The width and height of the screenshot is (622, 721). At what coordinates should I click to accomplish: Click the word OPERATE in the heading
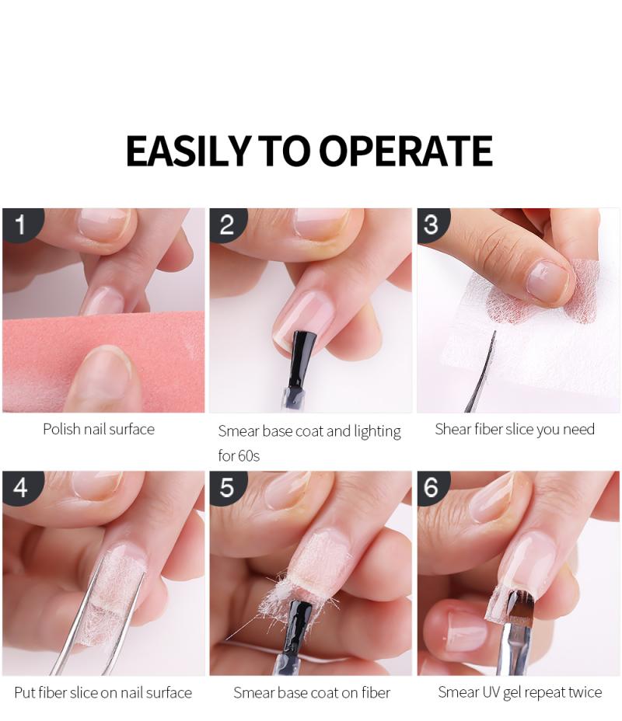[405, 151]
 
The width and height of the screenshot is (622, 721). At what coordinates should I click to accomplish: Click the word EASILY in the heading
[188, 151]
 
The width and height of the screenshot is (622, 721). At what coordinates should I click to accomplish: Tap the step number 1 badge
[22, 225]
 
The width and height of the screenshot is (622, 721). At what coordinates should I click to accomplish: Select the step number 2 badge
[228, 225]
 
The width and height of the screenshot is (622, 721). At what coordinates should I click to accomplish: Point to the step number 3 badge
[432, 225]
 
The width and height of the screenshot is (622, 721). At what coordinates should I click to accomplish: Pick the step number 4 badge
[22, 487]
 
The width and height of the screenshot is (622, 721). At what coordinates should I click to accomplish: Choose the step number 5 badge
[228, 487]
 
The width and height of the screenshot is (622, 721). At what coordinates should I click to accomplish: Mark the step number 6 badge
[432, 487]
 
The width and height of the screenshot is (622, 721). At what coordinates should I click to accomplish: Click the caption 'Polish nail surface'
[99, 430]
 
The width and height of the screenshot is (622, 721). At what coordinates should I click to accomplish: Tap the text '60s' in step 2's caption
[250, 456]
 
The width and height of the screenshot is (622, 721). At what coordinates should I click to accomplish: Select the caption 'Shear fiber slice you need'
[515, 430]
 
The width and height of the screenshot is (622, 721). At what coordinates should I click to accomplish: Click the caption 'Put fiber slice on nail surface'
[103, 692]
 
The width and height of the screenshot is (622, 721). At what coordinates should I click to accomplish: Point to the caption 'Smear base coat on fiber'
[312, 692]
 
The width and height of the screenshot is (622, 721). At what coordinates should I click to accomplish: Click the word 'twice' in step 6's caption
[585, 692]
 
